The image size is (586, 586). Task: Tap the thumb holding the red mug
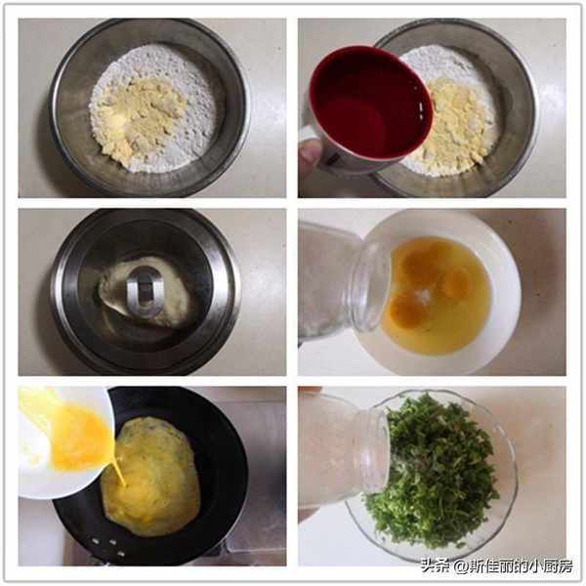pyautogui.click(x=309, y=154)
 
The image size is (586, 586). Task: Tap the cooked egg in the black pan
pyautogui.click(x=151, y=477)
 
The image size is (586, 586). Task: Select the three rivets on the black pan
pyautogui.click(x=109, y=546)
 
